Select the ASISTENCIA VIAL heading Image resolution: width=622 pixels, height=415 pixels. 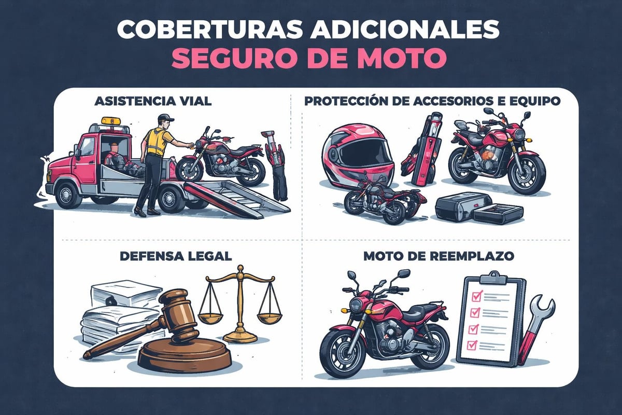pos(153,102)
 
